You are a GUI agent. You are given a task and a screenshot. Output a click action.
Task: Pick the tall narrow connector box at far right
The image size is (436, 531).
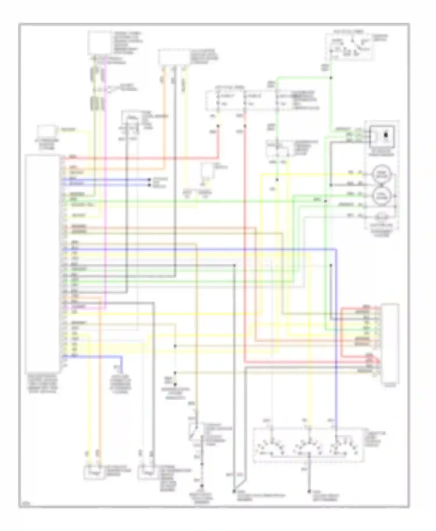point(390,343)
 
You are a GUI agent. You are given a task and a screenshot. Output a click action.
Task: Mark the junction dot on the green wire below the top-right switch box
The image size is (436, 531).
point(331,78)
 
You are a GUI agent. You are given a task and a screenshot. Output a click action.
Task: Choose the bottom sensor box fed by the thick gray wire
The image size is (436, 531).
point(148,472)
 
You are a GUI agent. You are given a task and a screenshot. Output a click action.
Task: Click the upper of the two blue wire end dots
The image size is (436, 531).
point(149,180)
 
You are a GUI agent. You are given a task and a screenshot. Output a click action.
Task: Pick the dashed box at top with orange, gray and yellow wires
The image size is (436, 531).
point(174,57)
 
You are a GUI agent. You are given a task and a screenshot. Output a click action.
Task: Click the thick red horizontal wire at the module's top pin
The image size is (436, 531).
point(140,159)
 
